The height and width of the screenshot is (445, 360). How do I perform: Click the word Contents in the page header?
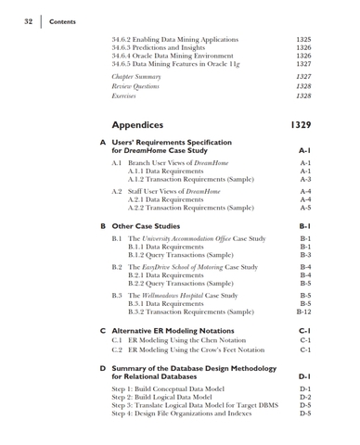pyautogui.click(x=63, y=21)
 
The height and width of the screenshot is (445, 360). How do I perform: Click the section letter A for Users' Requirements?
pyautogui.click(x=101, y=142)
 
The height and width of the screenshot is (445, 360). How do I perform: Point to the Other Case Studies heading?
pyautogui.click(x=146, y=225)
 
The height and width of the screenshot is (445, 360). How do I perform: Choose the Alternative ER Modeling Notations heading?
pyautogui.click(x=180, y=330)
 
